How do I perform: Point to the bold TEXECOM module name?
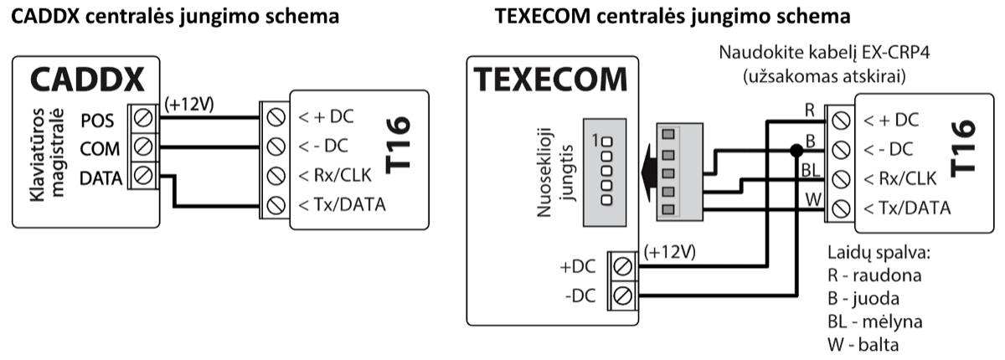(x=551, y=80)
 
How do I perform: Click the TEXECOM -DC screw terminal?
(x=622, y=295)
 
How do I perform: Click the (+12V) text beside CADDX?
(x=191, y=104)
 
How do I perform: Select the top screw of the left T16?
(x=273, y=117)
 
